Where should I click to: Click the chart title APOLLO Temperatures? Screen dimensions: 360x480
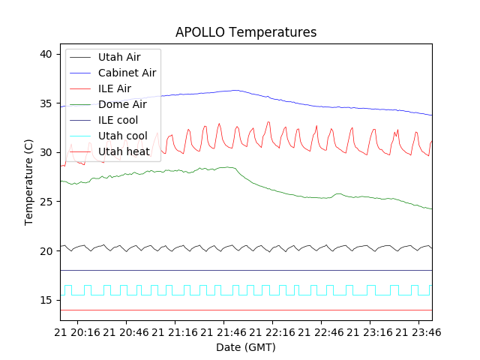point(246,33)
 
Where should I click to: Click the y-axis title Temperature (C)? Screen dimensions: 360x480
point(29,182)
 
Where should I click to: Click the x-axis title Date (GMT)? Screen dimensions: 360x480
point(246,347)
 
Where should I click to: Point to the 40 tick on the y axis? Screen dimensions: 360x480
point(46,54)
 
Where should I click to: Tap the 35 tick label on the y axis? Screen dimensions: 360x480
point(46,103)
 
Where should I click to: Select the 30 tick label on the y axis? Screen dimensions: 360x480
point(46,152)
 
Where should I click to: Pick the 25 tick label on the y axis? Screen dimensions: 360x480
point(46,202)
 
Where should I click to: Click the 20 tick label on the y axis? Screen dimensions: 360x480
point(46,250)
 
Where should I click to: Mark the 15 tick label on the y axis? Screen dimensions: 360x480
point(46,300)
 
